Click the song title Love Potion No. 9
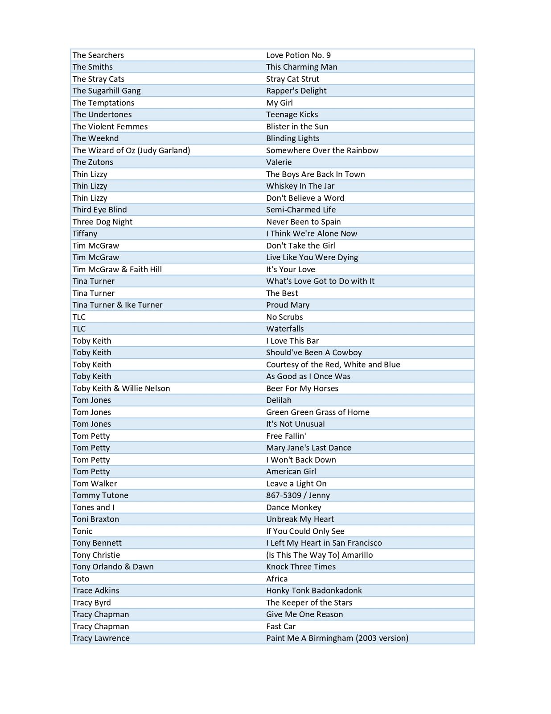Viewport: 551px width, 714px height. [x=298, y=55]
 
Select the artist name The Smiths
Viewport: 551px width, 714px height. [x=93, y=67]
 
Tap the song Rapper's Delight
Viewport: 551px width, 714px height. [x=296, y=91]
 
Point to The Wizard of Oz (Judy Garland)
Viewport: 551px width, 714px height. [x=131, y=150]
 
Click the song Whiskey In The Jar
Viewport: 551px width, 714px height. [x=300, y=186]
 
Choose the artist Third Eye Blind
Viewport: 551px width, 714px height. [x=99, y=210]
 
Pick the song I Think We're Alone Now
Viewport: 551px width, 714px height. [x=312, y=233]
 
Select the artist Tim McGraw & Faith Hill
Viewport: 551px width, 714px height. [x=117, y=270]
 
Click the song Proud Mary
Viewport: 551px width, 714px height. [x=288, y=305]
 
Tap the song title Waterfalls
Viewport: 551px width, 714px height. [x=285, y=329]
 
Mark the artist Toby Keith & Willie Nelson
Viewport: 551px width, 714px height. [x=121, y=389]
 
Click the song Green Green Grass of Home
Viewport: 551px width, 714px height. [x=317, y=412]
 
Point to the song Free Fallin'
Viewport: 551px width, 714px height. [x=286, y=436]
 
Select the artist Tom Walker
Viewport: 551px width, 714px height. [x=95, y=484]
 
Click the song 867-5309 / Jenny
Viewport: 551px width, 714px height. [x=298, y=495]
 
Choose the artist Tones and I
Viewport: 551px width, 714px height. [x=93, y=507]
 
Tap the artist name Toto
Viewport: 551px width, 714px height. [x=81, y=579]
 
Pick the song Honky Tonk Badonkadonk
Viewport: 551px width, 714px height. [x=314, y=591]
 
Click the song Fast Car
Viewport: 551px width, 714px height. [x=281, y=627]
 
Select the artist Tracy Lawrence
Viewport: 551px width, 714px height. [x=101, y=638]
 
